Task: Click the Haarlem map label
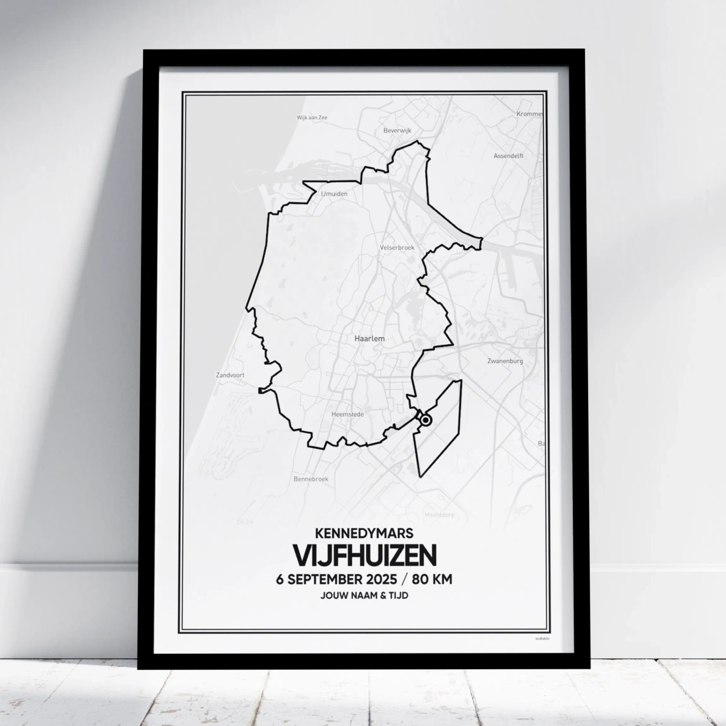(369, 339)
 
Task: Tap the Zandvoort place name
(230, 375)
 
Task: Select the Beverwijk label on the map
(397, 130)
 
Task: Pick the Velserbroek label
(396, 247)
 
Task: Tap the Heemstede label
(347, 414)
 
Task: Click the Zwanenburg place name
(505, 361)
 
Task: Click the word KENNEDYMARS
(364, 533)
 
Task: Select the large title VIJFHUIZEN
(364, 555)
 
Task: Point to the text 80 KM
(433, 579)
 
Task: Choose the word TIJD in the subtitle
(399, 596)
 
